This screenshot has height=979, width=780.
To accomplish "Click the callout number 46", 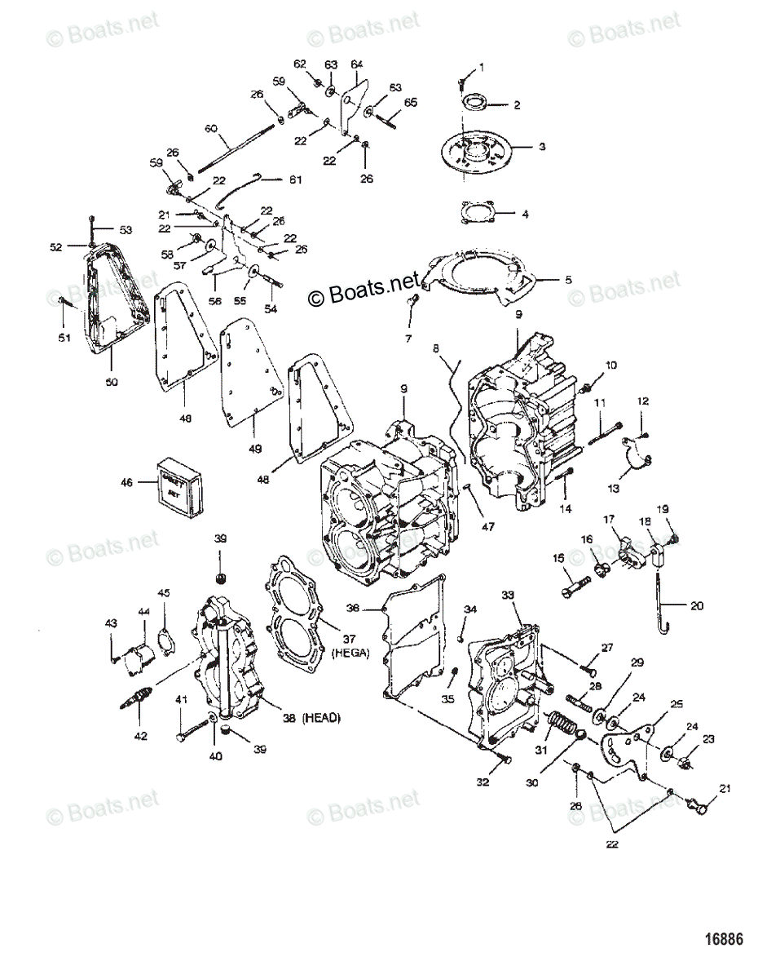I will [126, 483].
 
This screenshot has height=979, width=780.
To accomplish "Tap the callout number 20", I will [696, 606].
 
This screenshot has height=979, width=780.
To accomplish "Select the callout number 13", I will [613, 488].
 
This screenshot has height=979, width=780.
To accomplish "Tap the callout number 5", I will [568, 279].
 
